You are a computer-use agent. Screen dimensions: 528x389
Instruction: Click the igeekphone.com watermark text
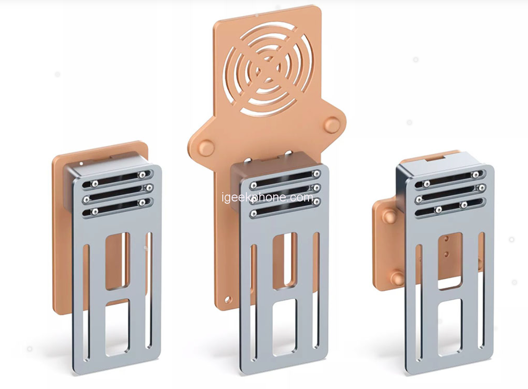point(268,197)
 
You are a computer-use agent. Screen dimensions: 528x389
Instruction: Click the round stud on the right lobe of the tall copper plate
point(332,124)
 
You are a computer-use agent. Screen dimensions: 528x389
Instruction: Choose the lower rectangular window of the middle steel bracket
point(285,326)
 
